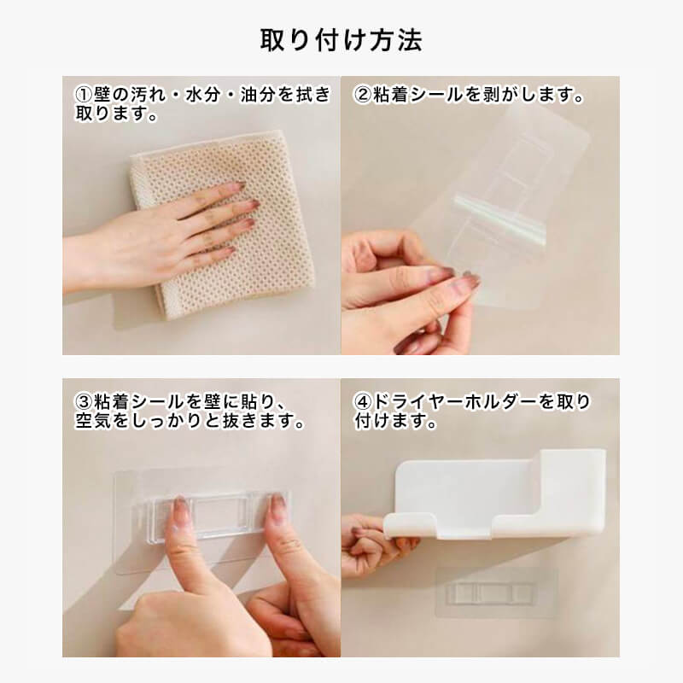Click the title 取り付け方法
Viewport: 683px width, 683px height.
341,40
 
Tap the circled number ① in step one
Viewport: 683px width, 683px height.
84,95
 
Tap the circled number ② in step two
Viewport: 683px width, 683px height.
362,95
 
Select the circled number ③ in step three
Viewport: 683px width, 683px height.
84,401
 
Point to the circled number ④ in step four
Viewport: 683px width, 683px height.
362,401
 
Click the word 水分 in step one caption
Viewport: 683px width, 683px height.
203,95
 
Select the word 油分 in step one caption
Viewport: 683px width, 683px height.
259,95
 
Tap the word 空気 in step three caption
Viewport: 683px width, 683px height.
93,420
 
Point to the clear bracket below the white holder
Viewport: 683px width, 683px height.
489,593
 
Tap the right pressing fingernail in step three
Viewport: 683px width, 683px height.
276,505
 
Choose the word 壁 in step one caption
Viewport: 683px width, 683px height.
102,95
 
